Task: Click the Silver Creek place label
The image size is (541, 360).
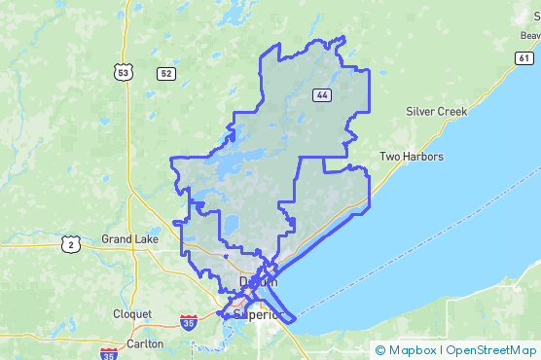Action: (x=437, y=111)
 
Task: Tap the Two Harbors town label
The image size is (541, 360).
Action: (x=411, y=157)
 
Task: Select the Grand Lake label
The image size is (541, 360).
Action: (x=130, y=238)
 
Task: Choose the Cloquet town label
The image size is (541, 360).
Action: (x=131, y=314)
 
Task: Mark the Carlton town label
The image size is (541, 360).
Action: (x=145, y=342)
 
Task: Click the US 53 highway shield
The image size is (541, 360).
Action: (x=123, y=73)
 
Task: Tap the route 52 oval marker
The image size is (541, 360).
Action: (x=166, y=73)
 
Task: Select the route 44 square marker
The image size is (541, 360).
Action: (x=320, y=94)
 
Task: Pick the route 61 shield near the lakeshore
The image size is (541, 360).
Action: (x=524, y=58)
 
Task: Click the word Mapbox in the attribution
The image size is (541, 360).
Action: (x=412, y=350)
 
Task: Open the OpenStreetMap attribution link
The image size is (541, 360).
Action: (x=490, y=350)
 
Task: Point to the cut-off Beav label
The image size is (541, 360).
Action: (x=529, y=35)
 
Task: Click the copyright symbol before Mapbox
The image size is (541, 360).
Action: (x=380, y=350)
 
